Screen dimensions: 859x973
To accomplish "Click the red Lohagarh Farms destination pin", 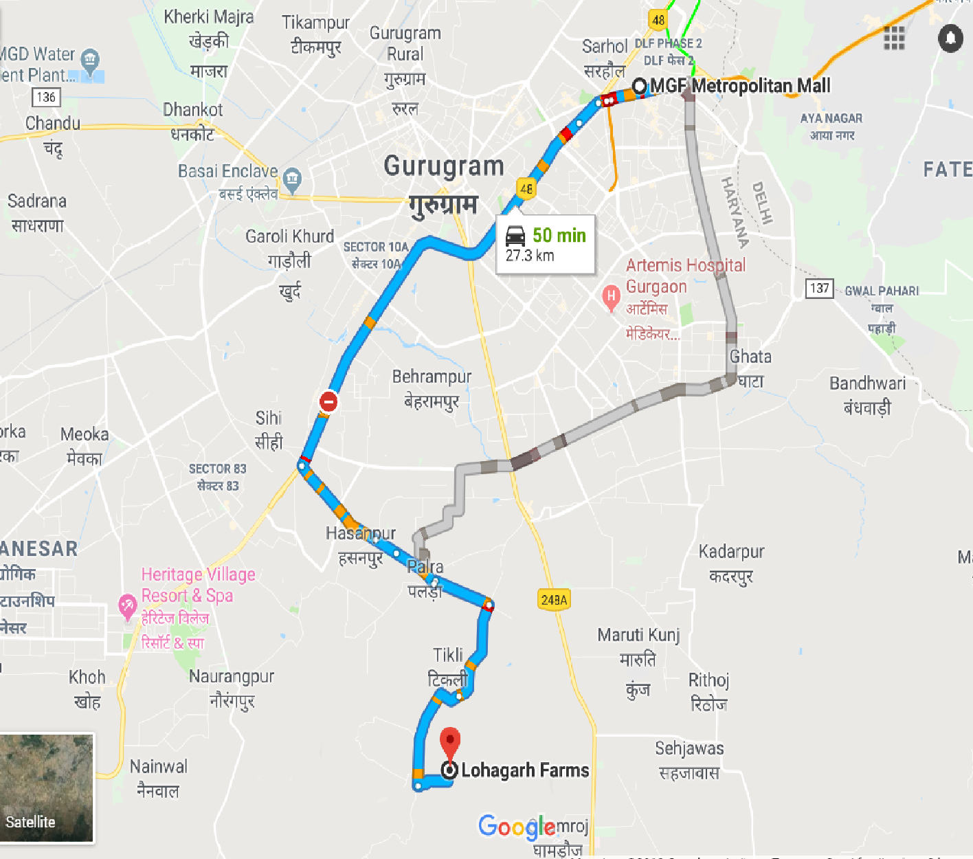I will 450,743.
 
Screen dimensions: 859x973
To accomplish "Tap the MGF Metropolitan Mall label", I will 739,86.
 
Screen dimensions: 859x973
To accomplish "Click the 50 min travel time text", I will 559,236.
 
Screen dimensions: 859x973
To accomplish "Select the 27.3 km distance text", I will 529,256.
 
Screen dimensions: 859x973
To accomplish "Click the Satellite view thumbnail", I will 47,788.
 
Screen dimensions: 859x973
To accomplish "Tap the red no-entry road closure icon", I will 328,401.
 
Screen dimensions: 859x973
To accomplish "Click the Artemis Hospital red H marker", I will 610,298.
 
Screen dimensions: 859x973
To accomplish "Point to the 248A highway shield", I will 554,600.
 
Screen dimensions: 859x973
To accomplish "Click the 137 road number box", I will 819,288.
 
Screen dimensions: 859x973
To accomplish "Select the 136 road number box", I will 46,97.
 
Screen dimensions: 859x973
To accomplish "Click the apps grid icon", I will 894,38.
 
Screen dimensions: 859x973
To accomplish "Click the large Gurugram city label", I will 444,166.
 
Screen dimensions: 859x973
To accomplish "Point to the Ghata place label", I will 750,357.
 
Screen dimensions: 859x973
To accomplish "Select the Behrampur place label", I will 432,377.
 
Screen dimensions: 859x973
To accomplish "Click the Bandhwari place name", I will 867,383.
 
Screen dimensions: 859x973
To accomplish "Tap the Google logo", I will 517,827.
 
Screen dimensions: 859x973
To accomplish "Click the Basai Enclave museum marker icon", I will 292,179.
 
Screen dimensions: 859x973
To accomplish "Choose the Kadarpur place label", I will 731,552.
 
